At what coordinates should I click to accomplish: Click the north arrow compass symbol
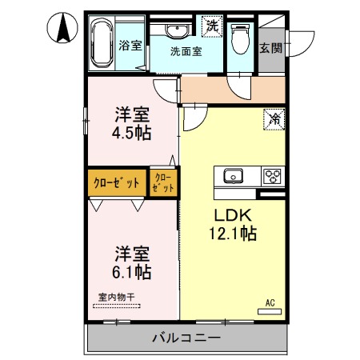coord(61,30)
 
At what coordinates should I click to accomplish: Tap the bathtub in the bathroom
coord(102,46)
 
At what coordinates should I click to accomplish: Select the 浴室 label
coord(130,46)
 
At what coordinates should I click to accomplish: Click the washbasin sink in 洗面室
coord(176,30)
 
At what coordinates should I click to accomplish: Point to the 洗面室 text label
coord(186,50)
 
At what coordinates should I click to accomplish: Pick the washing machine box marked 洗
coord(212,25)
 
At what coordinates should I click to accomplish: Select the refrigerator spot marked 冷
coord(273,118)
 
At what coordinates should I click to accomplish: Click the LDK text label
coord(232,215)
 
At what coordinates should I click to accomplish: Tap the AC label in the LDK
coord(270,302)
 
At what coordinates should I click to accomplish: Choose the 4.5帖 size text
coord(132,133)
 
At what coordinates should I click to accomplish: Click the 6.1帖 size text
coord(132,273)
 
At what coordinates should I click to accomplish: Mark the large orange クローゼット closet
coord(116,182)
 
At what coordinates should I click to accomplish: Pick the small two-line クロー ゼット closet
coord(163,182)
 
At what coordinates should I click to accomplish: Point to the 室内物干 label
coord(117,298)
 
